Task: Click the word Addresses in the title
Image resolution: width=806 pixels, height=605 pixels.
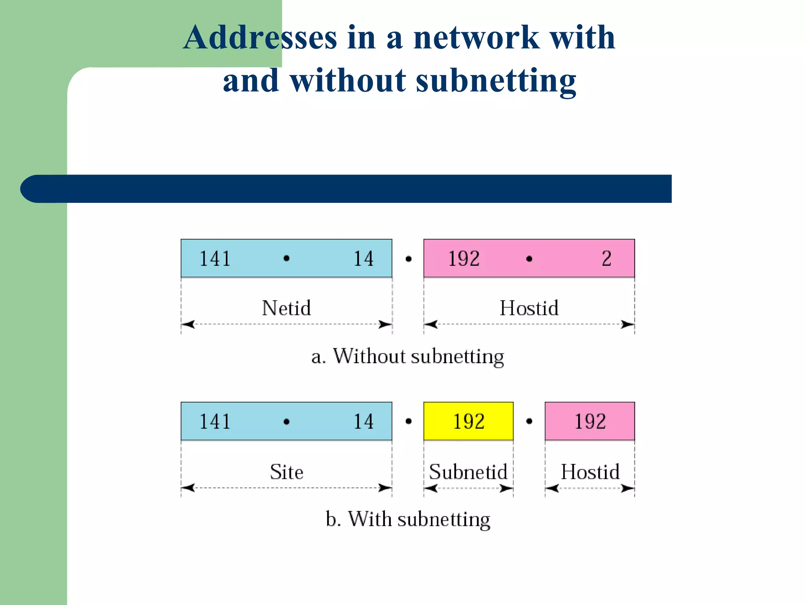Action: coord(260,37)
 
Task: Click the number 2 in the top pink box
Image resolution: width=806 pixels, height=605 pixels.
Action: coord(606,259)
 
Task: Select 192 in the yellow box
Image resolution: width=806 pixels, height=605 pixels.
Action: coord(468,421)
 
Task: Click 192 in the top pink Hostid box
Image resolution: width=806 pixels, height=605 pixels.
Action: coord(464,259)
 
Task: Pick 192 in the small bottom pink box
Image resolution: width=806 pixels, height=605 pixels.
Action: coord(590,421)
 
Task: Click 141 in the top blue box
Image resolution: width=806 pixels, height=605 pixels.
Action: coord(215,259)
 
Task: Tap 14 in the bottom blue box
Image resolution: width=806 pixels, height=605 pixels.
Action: coord(363,421)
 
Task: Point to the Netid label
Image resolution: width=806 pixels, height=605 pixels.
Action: coord(286,308)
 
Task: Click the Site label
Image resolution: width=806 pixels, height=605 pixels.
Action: coord(286,472)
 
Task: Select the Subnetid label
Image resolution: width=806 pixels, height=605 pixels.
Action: coord(468,472)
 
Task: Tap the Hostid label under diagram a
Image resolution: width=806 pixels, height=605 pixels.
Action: coord(529,308)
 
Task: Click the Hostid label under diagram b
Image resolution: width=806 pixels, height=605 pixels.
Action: coord(590,472)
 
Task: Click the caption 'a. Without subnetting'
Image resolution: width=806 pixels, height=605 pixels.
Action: coord(407,356)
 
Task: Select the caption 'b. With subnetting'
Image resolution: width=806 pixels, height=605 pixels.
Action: coord(408,519)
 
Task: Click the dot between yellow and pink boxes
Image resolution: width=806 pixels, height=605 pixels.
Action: coord(529,421)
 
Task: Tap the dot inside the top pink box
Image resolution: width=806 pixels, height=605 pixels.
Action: coord(529,259)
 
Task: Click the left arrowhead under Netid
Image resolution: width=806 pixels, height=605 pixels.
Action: coord(188,325)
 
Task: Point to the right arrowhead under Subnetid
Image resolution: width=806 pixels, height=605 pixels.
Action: coord(507,489)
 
